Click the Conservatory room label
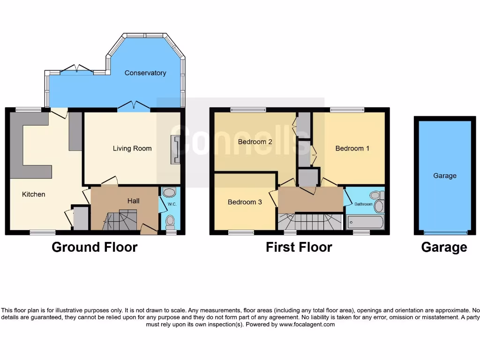pos(145,73)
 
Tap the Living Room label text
pos(132,149)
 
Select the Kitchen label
pos(34,194)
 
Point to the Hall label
pos(133,201)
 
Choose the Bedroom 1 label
pos(352,149)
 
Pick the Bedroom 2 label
pos(255,142)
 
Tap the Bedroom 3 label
pos(245,202)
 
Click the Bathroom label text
pos(363,204)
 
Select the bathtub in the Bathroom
pos(365,222)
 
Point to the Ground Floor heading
pos(94,247)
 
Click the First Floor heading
pos(299,247)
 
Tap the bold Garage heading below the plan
pos(444,247)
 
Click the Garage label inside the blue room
pos(444,176)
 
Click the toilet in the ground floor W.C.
pos(171,220)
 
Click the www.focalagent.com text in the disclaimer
pos(307,324)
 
